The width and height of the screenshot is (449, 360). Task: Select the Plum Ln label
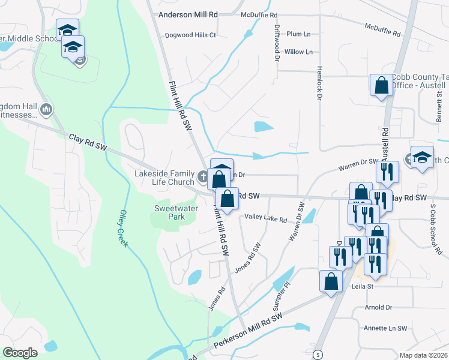pyautogui.click(x=298, y=34)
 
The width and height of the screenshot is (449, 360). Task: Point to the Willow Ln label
pyautogui.click(x=298, y=52)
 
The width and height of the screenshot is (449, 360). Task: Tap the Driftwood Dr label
pyautogui.click(x=277, y=43)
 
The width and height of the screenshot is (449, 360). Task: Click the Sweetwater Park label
pyautogui.click(x=169, y=212)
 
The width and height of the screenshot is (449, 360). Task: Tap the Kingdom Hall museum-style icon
pyautogui.click(x=47, y=109)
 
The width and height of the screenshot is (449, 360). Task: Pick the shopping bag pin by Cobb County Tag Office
pyautogui.click(x=381, y=86)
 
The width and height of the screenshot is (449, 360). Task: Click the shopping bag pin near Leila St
pyautogui.click(x=331, y=281)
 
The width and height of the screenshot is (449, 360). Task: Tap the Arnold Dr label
pyautogui.click(x=378, y=307)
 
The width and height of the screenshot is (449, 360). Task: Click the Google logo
pyautogui.click(x=20, y=353)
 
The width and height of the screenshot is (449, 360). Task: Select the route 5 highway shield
pyautogui.click(x=317, y=355)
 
